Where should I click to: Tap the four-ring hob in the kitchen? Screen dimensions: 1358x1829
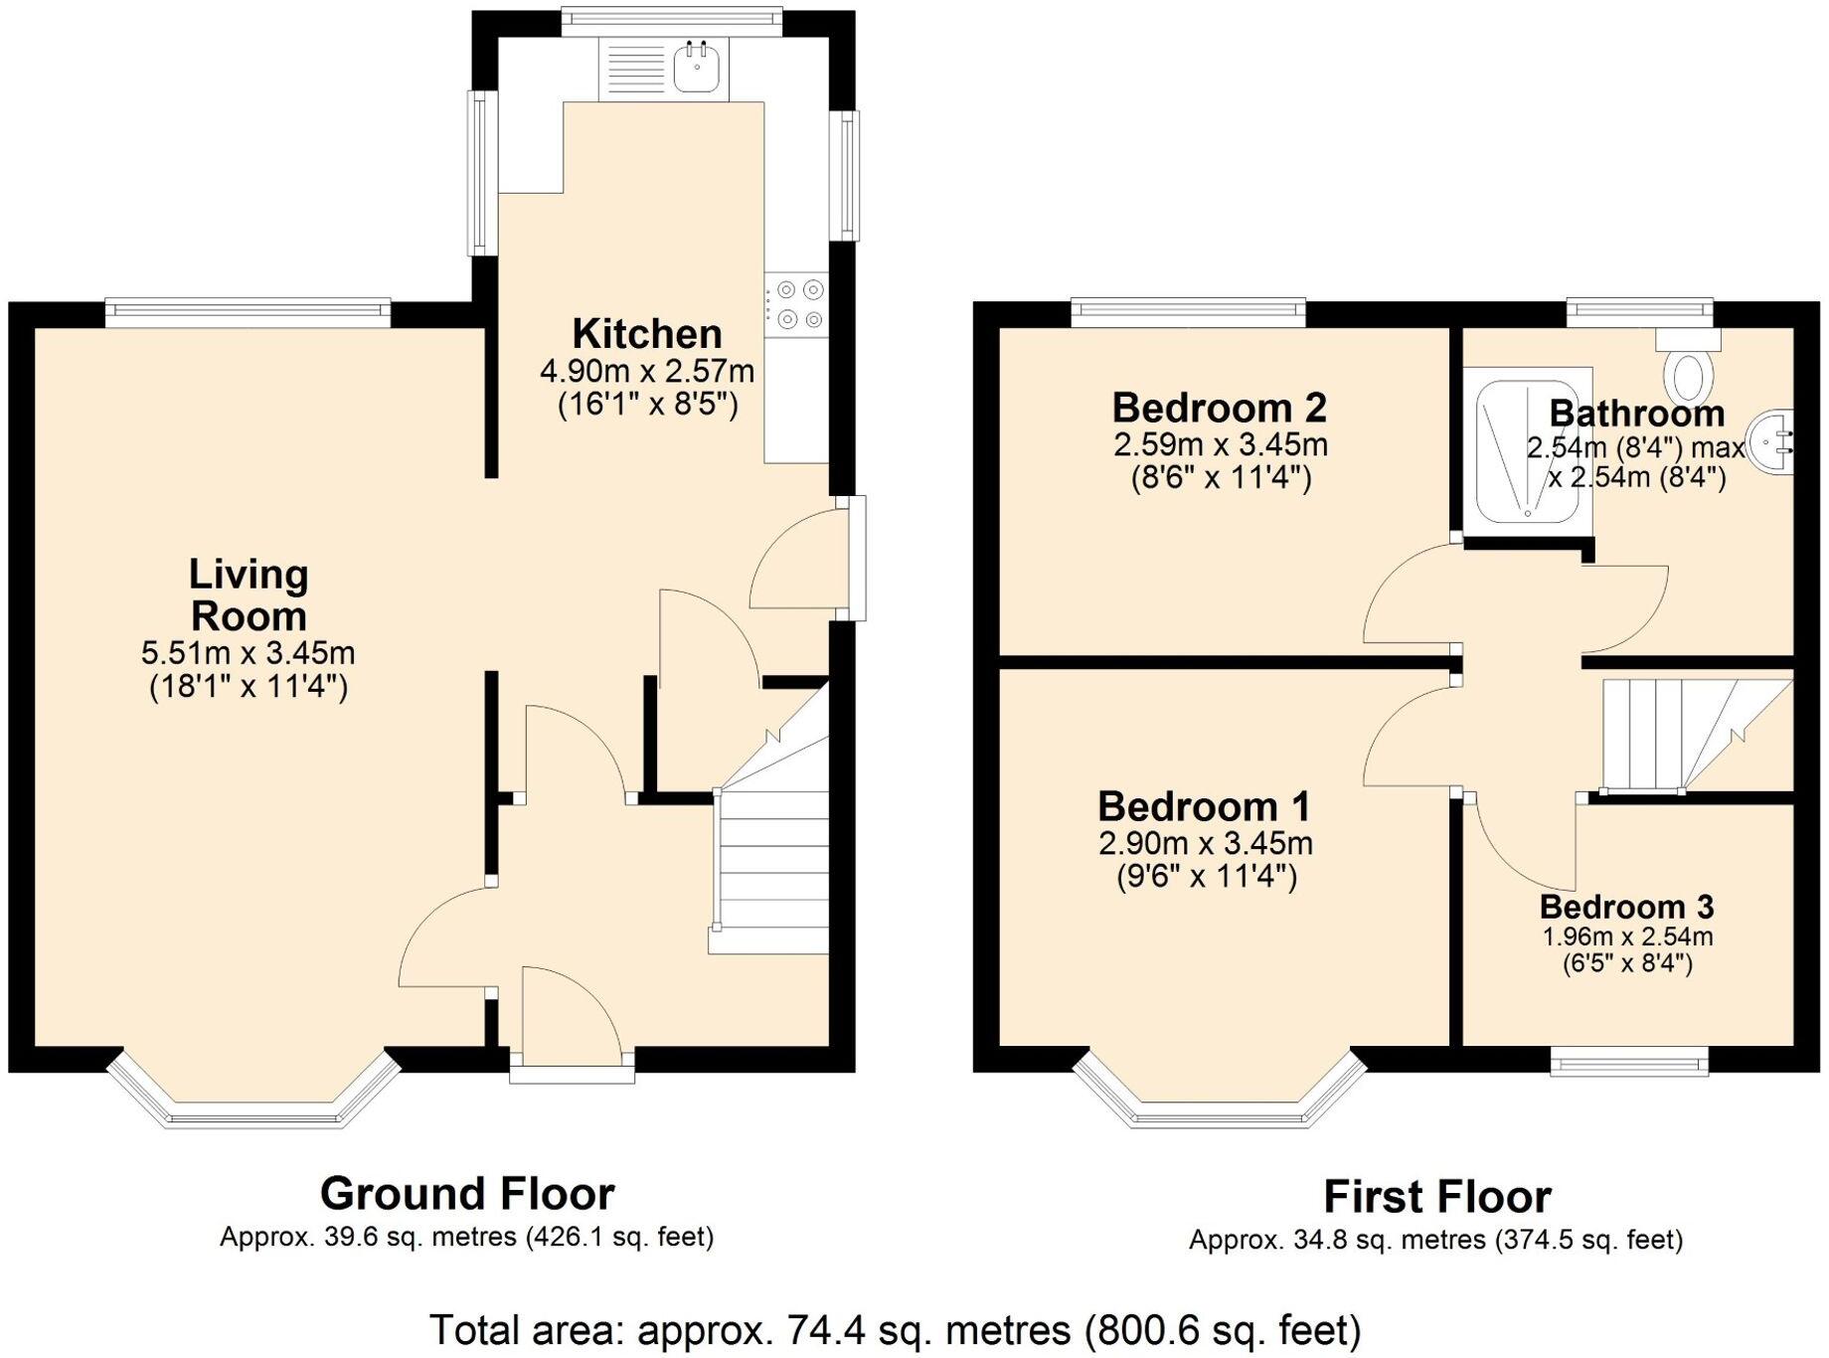pos(798,304)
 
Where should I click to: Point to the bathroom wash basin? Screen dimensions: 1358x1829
pos(1776,442)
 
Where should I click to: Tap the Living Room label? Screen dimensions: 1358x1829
pos(249,594)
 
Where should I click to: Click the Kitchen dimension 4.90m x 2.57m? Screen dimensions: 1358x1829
pos(647,372)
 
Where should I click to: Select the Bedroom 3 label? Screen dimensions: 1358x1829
pos(1626,907)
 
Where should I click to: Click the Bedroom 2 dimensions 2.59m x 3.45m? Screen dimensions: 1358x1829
pos(1221,444)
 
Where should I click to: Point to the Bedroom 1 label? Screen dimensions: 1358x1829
pos(1203,806)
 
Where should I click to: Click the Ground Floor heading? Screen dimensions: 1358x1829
pos(467,1193)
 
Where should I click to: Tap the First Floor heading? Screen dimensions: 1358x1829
pos(1436,1196)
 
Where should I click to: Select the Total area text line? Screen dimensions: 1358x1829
pos(895,1329)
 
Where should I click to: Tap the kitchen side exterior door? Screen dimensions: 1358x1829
pos(800,562)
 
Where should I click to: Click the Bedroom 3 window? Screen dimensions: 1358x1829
pos(1629,1064)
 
